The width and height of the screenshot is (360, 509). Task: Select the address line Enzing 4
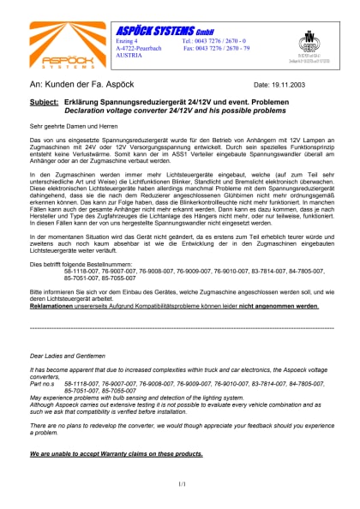[126, 41]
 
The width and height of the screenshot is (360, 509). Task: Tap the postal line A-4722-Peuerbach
[139, 48]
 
